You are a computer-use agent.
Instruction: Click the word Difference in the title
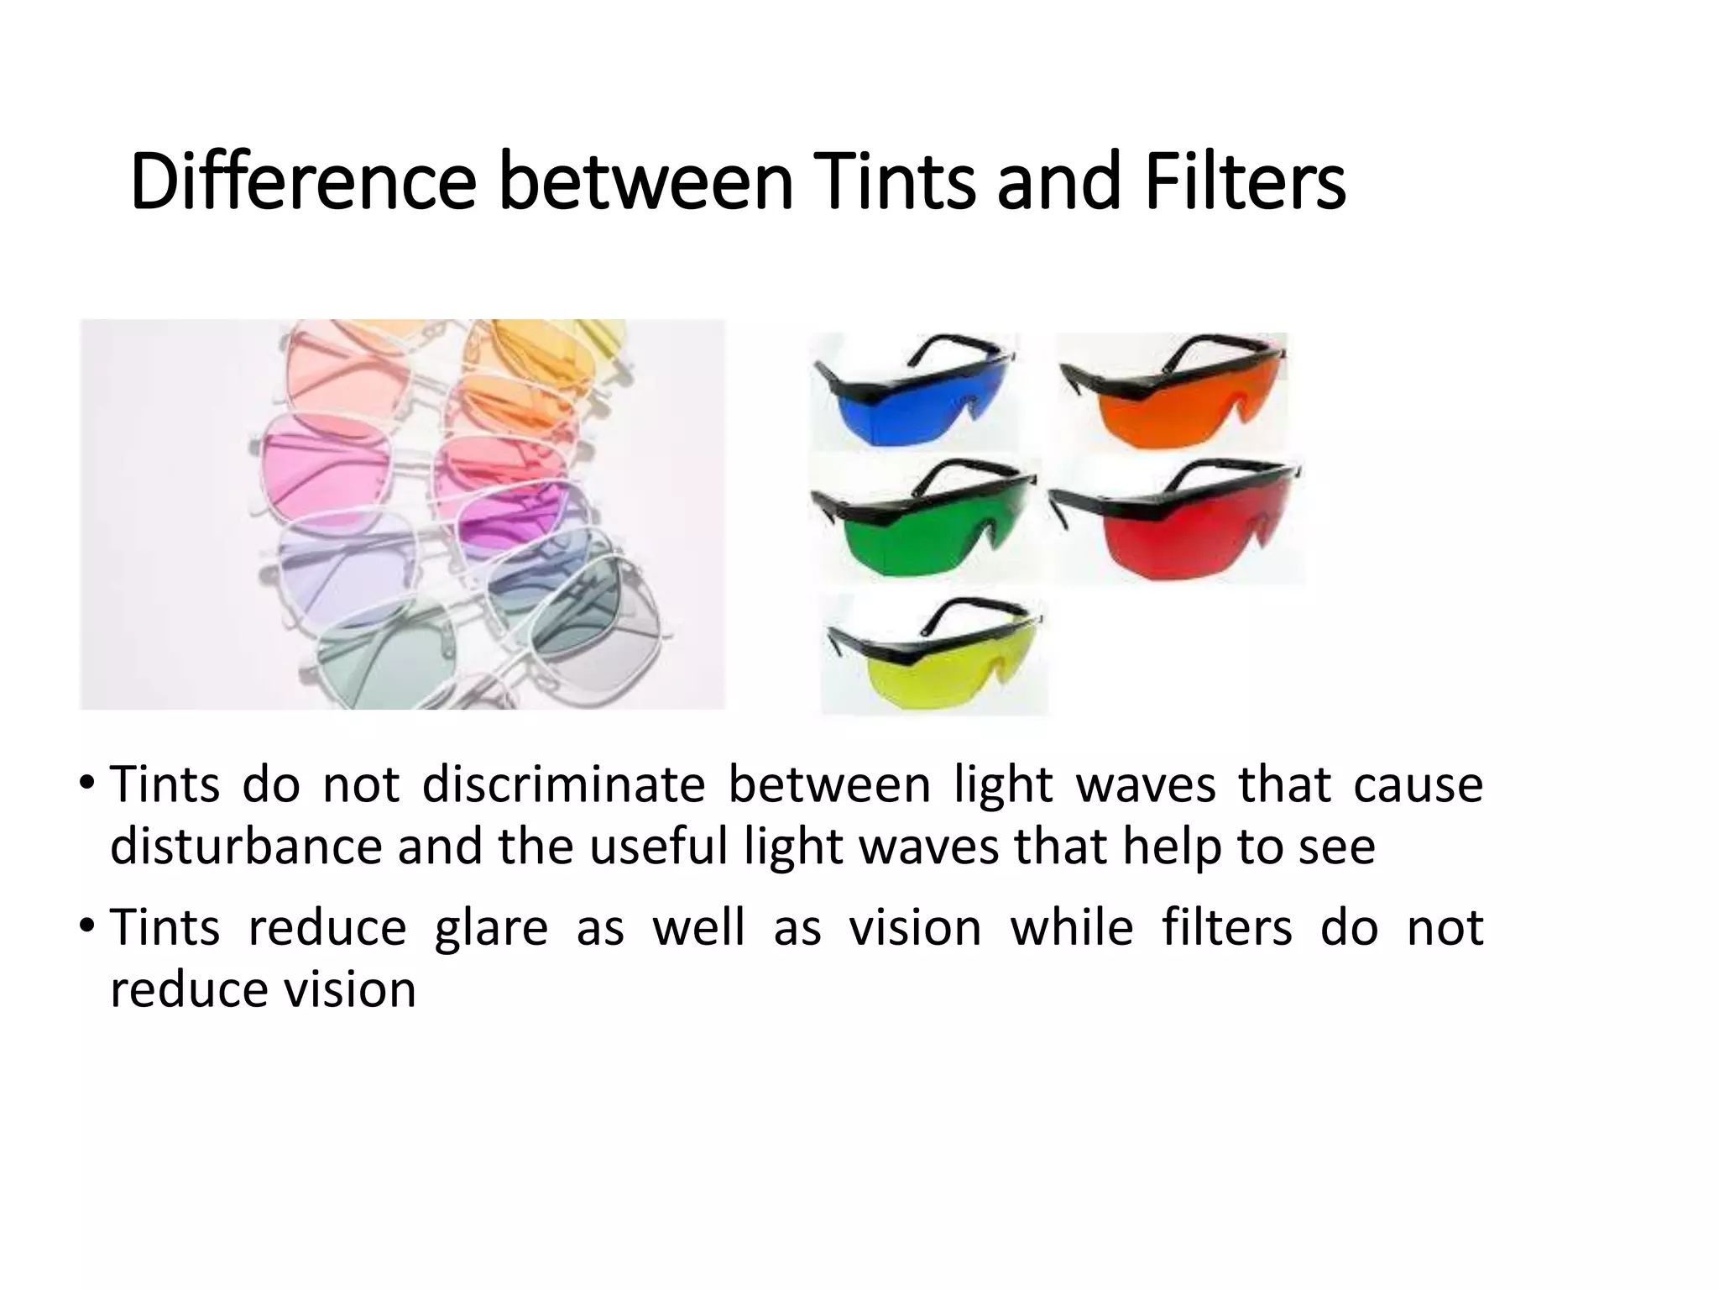tap(303, 181)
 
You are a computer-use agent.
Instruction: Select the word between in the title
tap(645, 181)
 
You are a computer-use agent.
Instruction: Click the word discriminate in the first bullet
tap(562, 786)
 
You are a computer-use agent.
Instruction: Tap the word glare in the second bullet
tap(491, 929)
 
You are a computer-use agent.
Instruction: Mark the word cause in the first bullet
tap(1419, 786)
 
